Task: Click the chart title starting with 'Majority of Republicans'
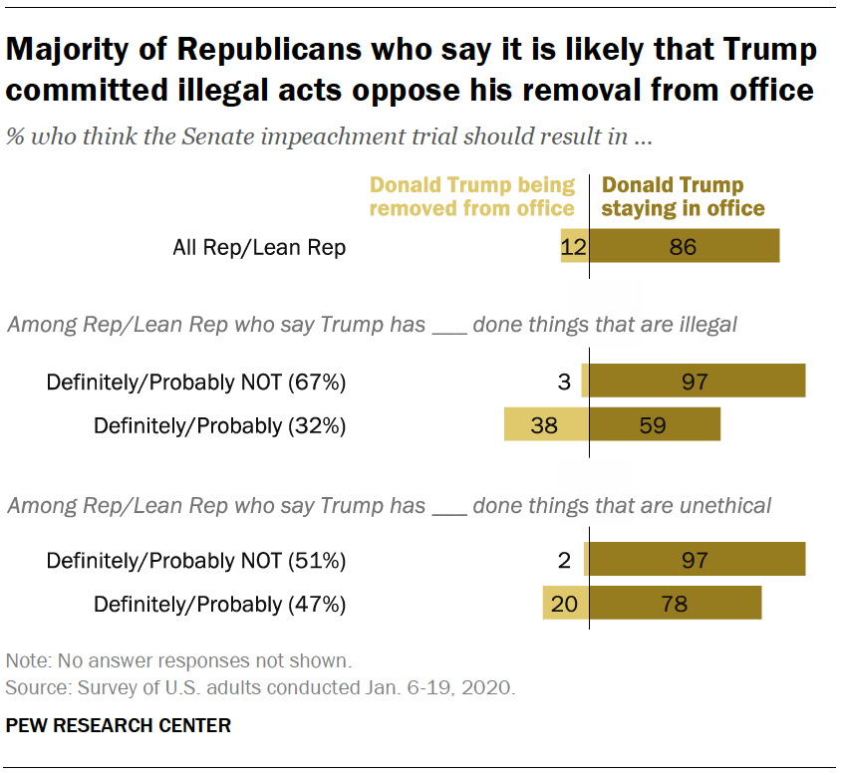(411, 69)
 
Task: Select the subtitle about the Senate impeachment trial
(329, 137)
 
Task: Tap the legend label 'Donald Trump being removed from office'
(472, 196)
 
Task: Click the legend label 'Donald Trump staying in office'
(684, 196)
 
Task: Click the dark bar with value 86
(684, 247)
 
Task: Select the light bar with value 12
(574, 247)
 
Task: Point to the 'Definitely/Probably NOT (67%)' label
(195, 383)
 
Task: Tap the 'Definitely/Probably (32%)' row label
(219, 425)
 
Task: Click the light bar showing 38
(546, 425)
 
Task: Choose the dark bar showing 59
(654, 425)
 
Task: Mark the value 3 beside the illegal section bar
(564, 383)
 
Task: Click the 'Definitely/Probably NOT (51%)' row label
(195, 561)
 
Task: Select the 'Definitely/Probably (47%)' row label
(219, 604)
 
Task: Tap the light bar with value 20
(565, 604)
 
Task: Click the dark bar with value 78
(675, 604)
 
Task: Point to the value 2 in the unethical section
(564, 561)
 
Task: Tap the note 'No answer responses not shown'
(178, 660)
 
